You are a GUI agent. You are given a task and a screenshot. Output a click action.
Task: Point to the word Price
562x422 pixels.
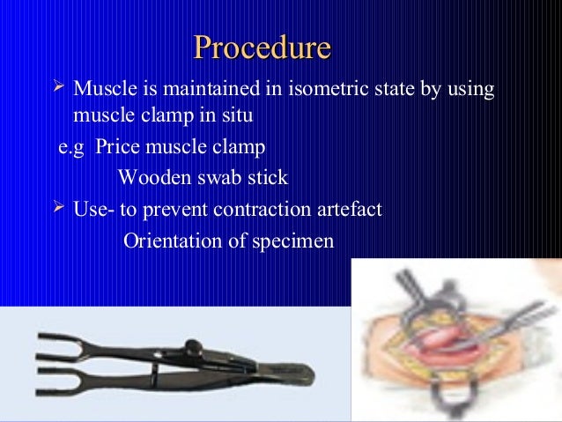click(x=117, y=146)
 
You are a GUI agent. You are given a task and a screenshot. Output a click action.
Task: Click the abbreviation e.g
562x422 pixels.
click(x=70, y=146)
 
